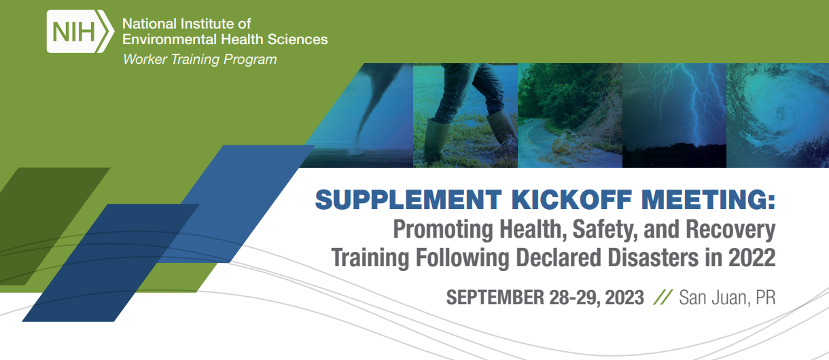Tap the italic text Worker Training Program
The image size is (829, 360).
coord(200,60)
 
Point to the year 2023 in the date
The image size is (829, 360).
coord(622,298)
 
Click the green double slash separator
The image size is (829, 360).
coord(663,298)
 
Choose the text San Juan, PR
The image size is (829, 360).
coord(727,298)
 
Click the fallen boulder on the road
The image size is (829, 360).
coord(562,146)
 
